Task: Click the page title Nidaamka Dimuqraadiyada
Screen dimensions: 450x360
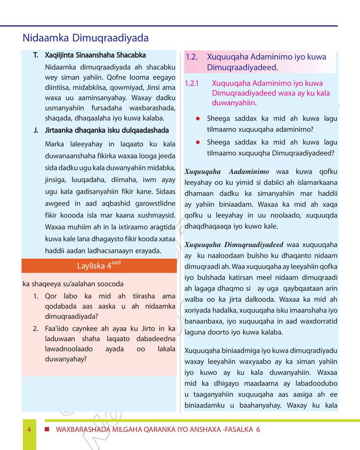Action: coord(86,38)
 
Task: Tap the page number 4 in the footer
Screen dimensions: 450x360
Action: coord(29,430)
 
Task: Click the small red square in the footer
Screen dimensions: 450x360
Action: coord(47,429)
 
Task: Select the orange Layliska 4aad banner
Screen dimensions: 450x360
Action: coord(99,266)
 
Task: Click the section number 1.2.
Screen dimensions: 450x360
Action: coord(192,57)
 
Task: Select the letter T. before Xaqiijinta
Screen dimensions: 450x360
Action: coord(36,55)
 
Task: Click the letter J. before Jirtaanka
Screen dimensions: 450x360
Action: coord(36,130)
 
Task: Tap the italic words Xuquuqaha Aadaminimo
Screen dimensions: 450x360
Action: coord(227,172)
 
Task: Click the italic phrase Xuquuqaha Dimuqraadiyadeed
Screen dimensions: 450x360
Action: coord(234,245)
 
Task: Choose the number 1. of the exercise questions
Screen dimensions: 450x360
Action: coord(36,296)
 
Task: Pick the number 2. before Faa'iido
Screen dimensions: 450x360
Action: coord(36,329)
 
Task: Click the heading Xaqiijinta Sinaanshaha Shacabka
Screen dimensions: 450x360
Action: coord(95,55)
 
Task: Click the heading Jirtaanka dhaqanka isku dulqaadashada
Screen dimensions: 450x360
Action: coord(107,130)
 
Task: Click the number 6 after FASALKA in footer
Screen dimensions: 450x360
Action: coord(258,430)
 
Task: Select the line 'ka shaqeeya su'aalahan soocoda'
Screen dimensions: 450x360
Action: coord(73,284)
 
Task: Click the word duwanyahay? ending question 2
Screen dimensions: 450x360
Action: coord(66,359)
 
